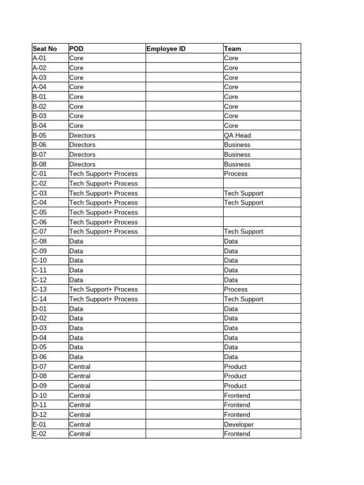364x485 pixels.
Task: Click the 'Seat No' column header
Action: [x=45, y=48]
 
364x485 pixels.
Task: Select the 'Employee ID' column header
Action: [x=166, y=48]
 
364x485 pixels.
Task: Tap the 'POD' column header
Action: [x=76, y=48]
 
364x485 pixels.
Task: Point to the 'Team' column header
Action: [x=233, y=48]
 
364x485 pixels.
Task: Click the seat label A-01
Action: [x=39, y=58]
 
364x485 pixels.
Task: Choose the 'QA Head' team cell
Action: [x=237, y=135]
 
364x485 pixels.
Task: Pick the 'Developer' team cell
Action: [x=239, y=424]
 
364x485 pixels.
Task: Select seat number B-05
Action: [x=39, y=135]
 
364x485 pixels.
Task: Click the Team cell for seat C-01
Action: [x=236, y=174]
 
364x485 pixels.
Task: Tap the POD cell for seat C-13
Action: [x=103, y=289]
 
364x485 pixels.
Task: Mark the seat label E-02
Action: [x=39, y=434]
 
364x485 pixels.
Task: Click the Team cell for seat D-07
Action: [x=236, y=367]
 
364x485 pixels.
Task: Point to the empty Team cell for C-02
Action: [x=262, y=183]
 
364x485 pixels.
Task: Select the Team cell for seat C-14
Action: [x=244, y=299]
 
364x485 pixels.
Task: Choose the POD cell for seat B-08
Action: [x=82, y=164]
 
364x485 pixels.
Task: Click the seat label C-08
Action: [x=39, y=241]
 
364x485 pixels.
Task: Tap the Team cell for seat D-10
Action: [x=237, y=395]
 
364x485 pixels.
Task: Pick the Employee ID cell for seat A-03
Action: [x=184, y=78]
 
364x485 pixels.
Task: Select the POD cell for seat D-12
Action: [x=80, y=414]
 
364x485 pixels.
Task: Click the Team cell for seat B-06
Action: [x=237, y=145]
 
